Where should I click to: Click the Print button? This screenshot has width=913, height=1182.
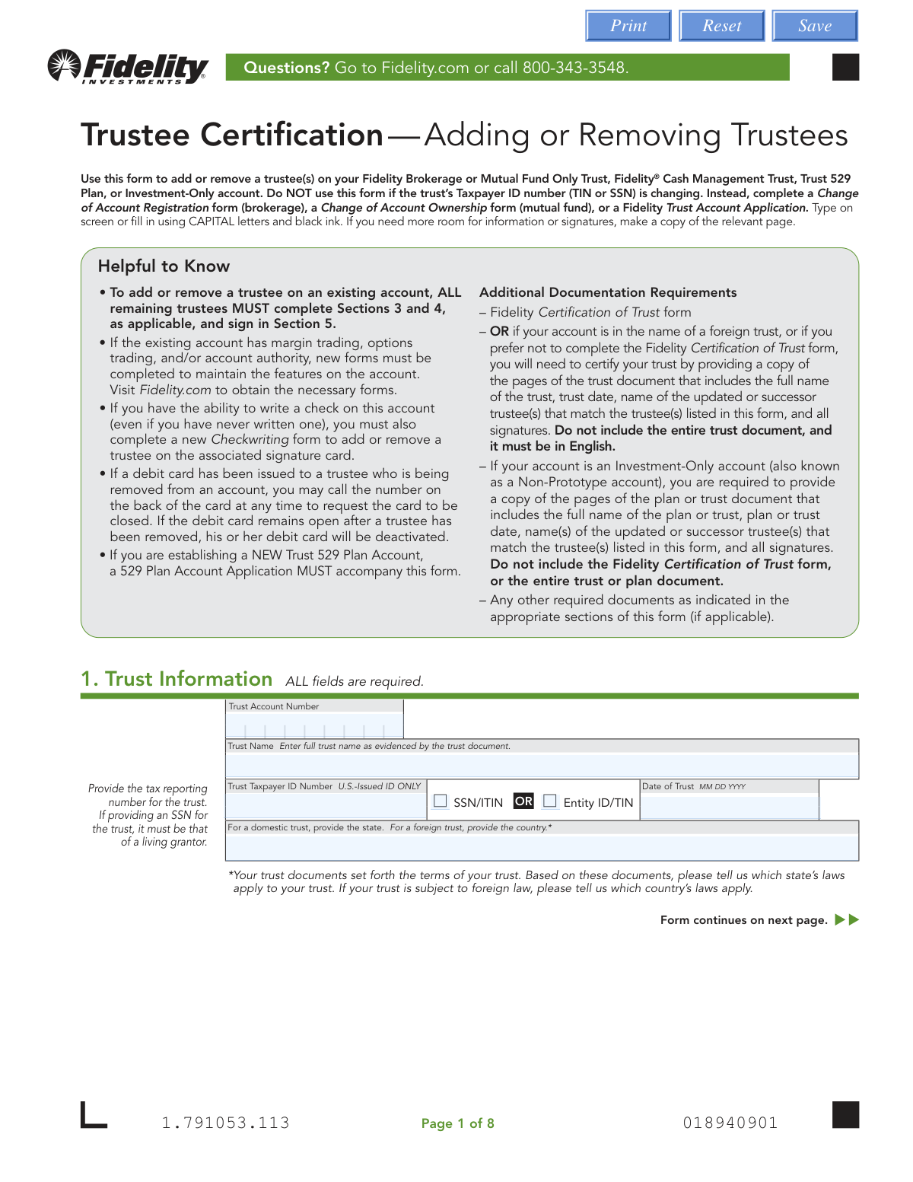[x=628, y=26]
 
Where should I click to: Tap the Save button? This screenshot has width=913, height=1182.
[x=815, y=26]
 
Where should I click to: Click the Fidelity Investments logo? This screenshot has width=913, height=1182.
[x=128, y=67]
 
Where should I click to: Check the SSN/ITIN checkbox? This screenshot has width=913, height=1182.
[x=441, y=801]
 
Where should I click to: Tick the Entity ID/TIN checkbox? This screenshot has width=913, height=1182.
[x=550, y=801]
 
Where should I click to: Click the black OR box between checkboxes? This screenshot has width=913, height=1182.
[x=523, y=801]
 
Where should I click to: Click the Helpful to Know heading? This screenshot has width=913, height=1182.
[x=164, y=266]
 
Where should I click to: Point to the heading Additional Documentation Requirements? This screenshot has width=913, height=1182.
[x=608, y=292]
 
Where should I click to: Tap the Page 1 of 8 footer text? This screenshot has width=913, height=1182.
[x=457, y=1123]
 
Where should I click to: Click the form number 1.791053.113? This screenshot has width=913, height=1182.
[x=225, y=1123]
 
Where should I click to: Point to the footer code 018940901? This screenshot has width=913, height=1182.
[x=730, y=1123]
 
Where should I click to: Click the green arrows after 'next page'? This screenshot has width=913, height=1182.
[x=847, y=919]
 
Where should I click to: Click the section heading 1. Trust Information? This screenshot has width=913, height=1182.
[x=177, y=679]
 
